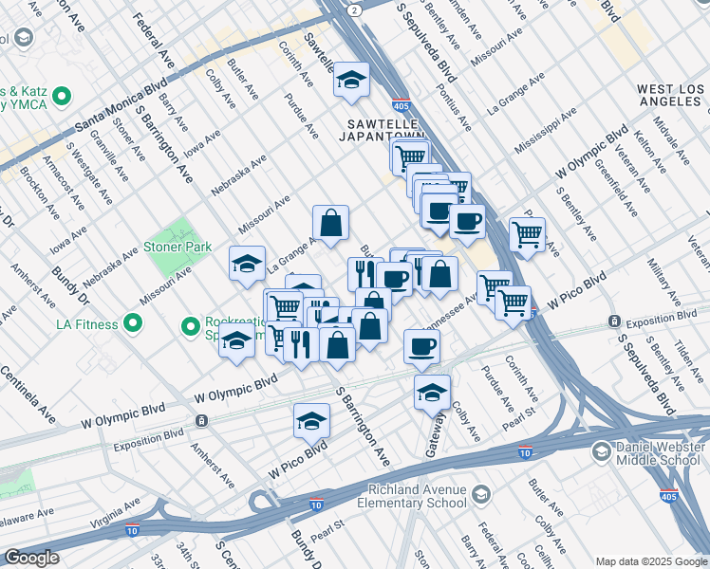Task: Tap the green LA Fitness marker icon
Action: point(133,324)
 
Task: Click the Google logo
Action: point(31,557)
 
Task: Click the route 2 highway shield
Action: point(354,9)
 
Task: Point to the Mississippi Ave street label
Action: point(545,132)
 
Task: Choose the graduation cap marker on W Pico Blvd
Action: point(311,421)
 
